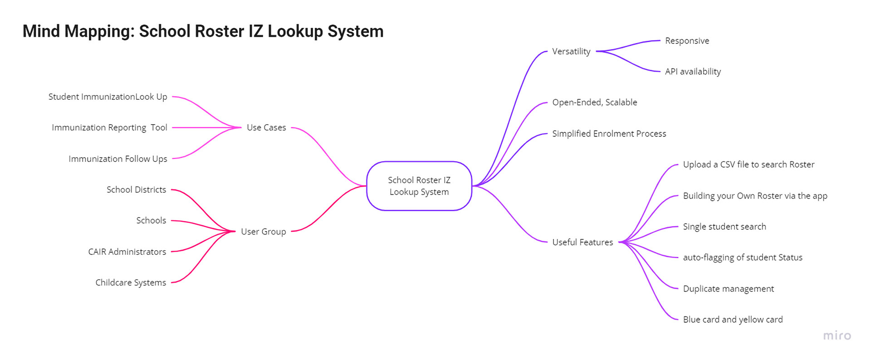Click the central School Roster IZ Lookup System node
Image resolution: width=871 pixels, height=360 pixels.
419,186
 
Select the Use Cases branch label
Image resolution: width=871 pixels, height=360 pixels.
266,127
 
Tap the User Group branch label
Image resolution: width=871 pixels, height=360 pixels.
264,232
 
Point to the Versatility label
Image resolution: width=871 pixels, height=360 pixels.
571,51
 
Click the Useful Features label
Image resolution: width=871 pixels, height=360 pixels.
582,242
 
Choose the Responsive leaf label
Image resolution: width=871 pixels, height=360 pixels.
687,41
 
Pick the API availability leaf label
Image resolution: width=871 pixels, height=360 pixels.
693,72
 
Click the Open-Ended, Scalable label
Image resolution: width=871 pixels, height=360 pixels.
595,102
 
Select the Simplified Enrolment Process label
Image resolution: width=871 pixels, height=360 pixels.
609,134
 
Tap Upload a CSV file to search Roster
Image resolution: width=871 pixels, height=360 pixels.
749,165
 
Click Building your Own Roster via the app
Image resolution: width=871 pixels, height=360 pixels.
755,196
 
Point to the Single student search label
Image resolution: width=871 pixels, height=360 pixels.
724,227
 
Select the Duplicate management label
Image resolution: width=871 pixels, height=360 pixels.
729,289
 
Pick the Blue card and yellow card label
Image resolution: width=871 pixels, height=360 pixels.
733,320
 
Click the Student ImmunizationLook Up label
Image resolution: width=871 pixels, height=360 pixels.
108,97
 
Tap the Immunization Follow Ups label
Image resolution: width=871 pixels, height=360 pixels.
118,159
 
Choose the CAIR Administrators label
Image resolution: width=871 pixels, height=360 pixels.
127,252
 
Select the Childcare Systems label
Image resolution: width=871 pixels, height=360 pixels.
131,282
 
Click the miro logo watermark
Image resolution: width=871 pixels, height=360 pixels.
837,336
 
